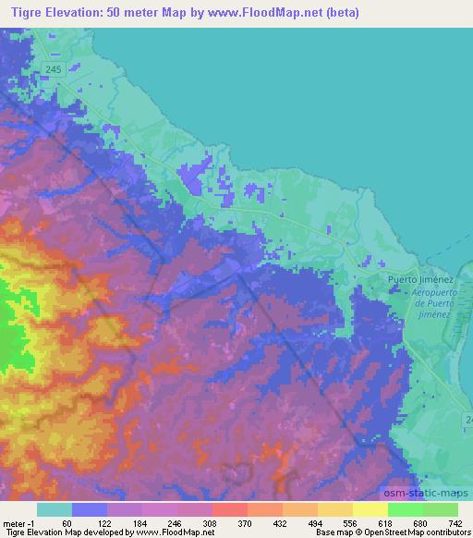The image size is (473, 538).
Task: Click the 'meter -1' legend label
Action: [18, 522]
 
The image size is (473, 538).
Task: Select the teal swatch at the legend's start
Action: [55, 509]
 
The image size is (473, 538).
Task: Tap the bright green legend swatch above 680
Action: [405, 509]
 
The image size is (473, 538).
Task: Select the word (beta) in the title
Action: [339, 13]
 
